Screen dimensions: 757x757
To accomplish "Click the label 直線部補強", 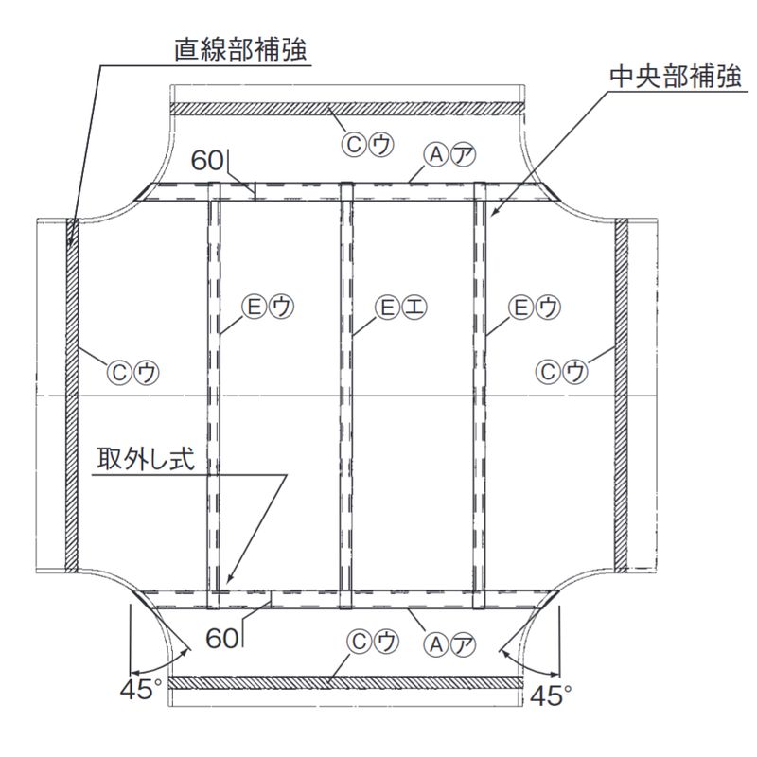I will tap(241, 50).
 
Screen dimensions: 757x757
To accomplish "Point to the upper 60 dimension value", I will tap(206, 160).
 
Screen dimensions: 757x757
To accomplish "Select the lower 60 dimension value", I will tap(222, 639).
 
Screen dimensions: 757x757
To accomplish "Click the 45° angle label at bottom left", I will tap(139, 690).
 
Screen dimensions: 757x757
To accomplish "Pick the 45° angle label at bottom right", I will tap(552, 695).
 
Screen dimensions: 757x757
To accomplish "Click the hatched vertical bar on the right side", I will tap(622, 397).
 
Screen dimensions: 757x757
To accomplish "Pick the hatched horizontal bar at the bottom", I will tap(345, 682).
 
